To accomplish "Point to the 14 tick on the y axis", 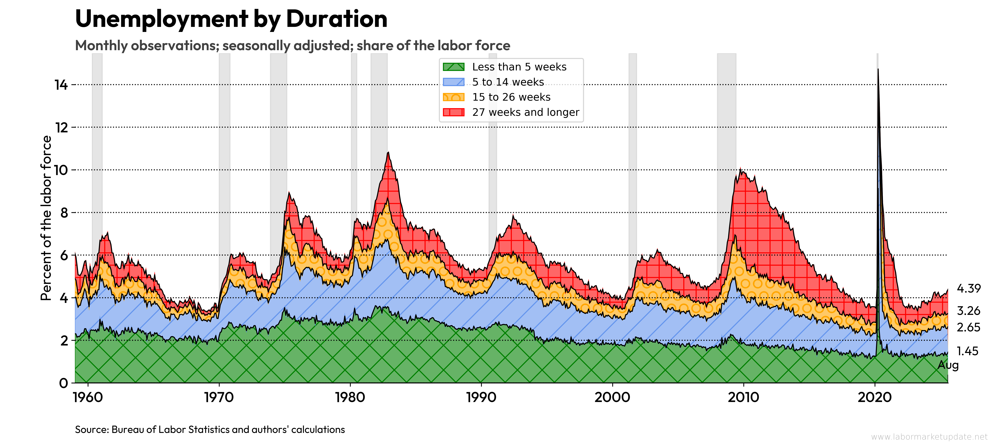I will (x=61, y=84).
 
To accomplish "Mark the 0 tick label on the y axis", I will (x=64, y=383).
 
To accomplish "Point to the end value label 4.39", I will (x=969, y=288).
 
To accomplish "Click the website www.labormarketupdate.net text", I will (x=929, y=437).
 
